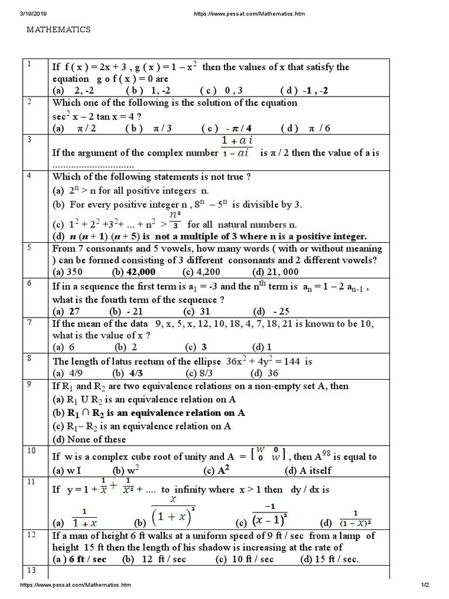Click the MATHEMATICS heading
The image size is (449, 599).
(58, 29)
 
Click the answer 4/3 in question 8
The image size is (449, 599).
(136, 373)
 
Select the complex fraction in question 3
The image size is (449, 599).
(236, 146)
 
